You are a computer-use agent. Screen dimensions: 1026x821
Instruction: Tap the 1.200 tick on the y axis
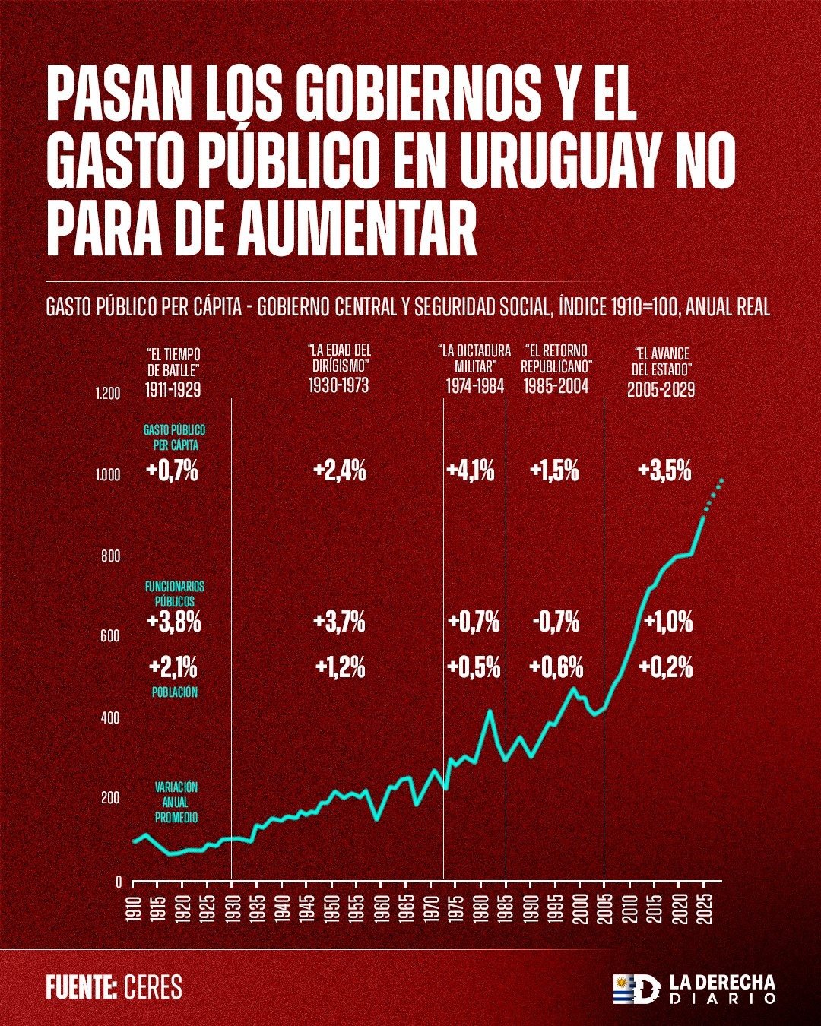(109, 394)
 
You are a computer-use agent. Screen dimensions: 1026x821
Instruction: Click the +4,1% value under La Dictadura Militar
(471, 471)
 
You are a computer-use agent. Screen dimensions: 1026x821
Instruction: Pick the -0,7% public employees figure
(556, 622)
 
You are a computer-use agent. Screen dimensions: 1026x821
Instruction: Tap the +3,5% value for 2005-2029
(665, 471)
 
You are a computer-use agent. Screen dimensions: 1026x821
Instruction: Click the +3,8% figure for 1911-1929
(174, 622)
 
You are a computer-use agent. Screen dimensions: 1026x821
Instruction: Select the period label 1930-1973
(338, 385)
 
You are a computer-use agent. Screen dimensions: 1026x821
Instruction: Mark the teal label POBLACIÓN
(174, 692)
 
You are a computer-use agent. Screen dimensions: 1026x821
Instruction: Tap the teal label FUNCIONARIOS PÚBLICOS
(174, 594)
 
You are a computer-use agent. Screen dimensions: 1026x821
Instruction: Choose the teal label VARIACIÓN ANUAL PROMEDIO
(176, 803)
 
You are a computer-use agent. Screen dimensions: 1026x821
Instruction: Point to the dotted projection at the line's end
(713, 491)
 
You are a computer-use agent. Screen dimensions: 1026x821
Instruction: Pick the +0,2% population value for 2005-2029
(666, 668)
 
